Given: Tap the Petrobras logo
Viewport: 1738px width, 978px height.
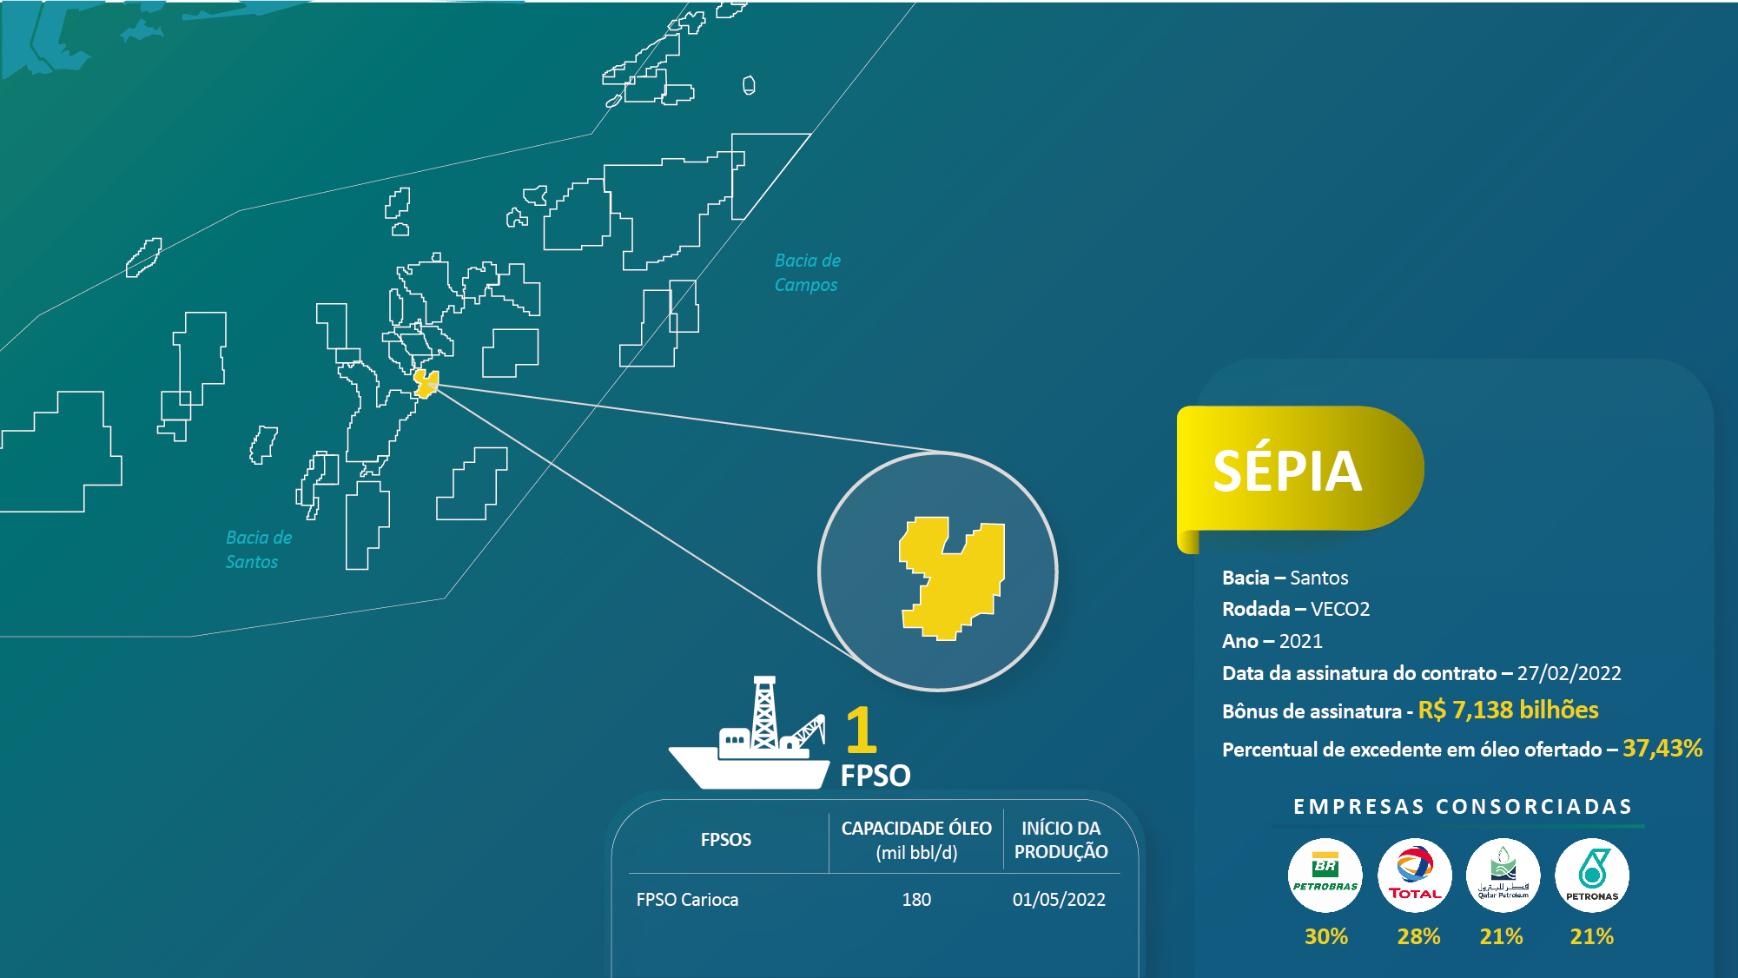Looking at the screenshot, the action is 1325,875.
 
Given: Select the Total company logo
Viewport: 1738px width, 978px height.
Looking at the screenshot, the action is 1415,875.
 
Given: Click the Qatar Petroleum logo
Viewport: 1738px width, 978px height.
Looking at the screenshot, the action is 1503,875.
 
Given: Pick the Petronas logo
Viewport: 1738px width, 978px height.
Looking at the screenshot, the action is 1592,875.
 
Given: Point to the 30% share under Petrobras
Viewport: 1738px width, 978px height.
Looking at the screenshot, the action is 1326,936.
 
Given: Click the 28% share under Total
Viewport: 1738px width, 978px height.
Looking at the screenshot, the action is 1418,936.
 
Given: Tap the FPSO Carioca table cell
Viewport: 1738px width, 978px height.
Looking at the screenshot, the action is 687,900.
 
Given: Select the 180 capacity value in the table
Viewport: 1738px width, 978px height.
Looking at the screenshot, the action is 916,900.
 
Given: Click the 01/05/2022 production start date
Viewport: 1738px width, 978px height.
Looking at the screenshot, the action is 1059,900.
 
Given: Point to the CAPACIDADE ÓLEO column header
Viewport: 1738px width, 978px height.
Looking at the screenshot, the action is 916,840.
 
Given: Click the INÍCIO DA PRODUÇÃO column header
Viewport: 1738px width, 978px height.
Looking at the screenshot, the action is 1061,840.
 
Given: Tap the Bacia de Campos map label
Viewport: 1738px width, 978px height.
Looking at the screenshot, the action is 807,273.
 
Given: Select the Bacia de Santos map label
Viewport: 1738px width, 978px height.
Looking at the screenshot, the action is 259,550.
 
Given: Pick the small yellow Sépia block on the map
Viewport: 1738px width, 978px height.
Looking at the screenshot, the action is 426,383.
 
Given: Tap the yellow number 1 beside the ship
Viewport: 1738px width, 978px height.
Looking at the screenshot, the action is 861,730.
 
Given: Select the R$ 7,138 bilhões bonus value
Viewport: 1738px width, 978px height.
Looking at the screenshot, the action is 1508,710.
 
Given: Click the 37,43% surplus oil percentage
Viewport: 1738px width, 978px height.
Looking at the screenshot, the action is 1662,749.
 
